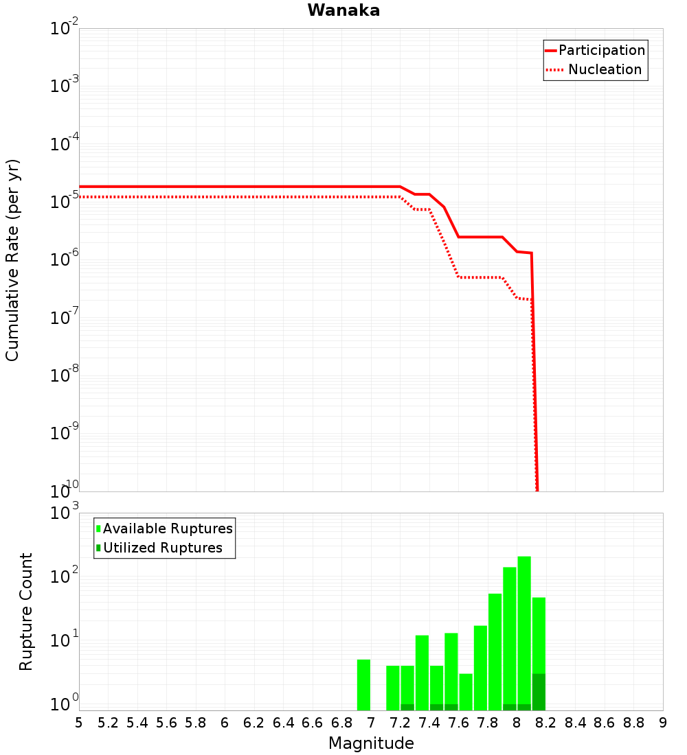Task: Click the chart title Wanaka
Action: (343, 10)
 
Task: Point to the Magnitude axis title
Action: (371, 743)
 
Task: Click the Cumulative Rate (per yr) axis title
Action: (12, 260)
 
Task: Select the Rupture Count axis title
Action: (26, 612)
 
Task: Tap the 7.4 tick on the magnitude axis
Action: (429, 723)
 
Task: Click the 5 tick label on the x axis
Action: (79, 723)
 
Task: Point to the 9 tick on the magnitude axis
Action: (663, 723)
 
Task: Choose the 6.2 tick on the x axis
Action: (254, 723)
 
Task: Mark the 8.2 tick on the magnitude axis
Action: (546, 723)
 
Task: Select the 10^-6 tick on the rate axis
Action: (65, 261)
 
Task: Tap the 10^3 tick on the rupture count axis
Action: (65, 513)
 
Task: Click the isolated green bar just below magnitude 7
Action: (363, 684)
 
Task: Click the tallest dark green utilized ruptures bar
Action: (539, 692)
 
